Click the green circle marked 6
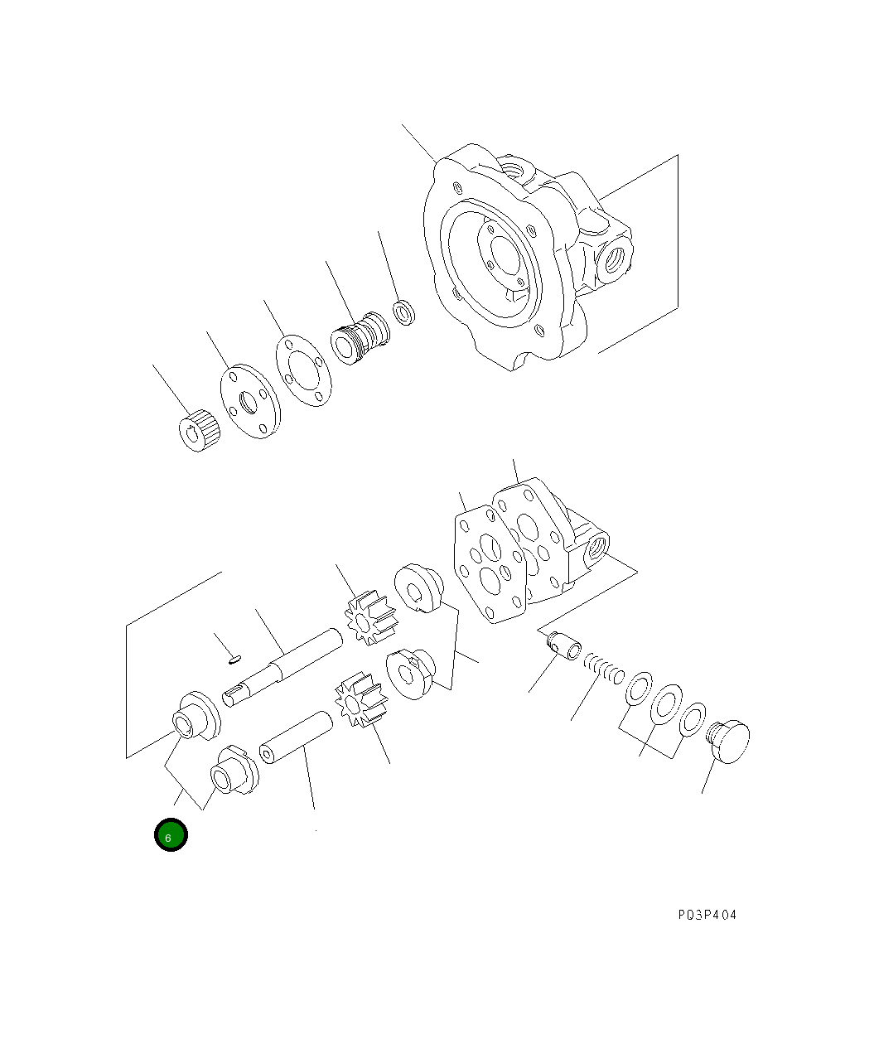[x=171, y=835]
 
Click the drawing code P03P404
[x=706, y=915]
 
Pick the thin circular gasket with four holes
[x=302, y=371]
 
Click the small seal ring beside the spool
[x=403, y=313]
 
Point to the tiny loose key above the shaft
[x=234, y=660]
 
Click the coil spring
[x=603, y=668]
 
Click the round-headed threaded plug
[x=729, y=741]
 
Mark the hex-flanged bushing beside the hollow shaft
[x=234, y=771]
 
